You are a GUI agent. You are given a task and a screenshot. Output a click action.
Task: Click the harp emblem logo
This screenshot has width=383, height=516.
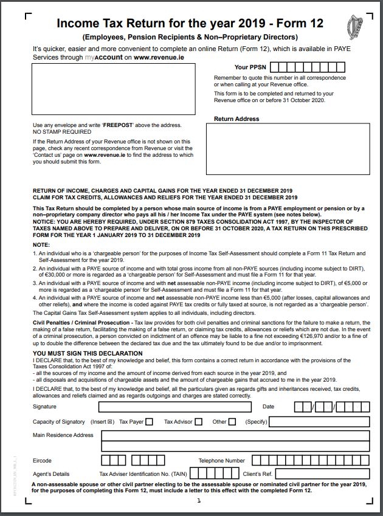pos(355,27)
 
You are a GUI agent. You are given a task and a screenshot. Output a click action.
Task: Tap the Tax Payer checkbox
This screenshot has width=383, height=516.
pos(150,422)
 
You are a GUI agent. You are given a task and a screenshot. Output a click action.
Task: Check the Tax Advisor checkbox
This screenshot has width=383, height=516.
pos(199,422)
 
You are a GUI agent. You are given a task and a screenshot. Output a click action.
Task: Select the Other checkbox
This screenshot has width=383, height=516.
pos(232,422)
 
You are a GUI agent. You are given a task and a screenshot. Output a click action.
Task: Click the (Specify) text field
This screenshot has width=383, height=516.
pos(319,422)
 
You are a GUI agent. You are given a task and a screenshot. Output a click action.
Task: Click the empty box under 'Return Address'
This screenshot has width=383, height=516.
pos(288,149)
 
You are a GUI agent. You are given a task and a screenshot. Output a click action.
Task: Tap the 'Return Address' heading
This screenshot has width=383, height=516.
pos(236,119)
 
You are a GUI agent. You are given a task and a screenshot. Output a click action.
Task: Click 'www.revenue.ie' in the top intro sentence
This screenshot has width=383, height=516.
pos(159,57)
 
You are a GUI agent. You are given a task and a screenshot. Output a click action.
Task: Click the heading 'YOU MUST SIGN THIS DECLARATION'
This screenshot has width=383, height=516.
pos(88,353)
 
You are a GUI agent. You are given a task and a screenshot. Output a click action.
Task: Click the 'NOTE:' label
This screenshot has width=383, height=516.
pos(41,244)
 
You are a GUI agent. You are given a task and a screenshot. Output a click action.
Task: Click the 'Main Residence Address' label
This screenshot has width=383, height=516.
pos(63,435)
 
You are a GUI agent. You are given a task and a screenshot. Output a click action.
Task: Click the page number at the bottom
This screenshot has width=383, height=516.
pos(198,501)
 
